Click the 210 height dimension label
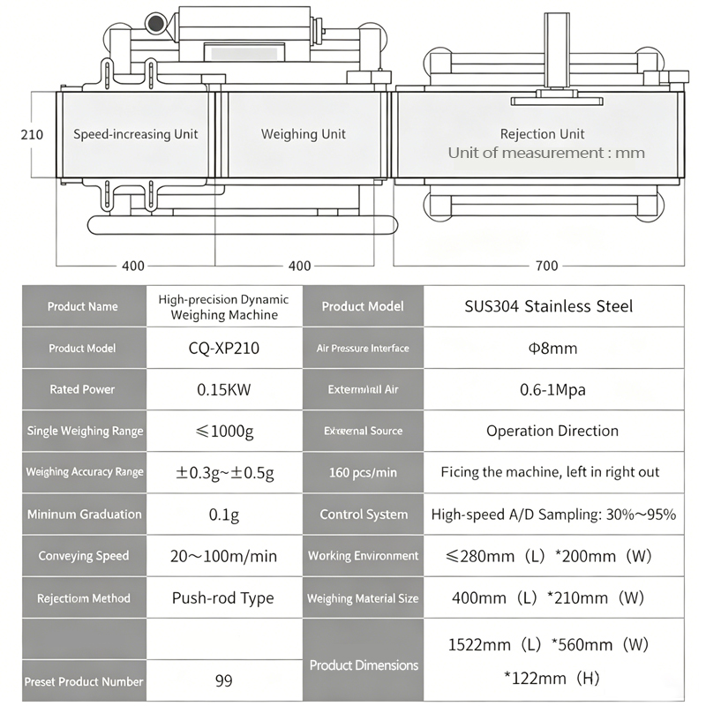[x=32, y=135]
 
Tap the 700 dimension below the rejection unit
[x=546, y=266]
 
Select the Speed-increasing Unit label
[x=136, y=134]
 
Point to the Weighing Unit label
[x=304, y=134]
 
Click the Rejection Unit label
[x=542, y=134]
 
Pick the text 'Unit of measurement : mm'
[x=546, y=153]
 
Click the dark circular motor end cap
[x=156, y=24]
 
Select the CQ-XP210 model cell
[x=224, y=348]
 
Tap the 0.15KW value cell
[x=224, y=389]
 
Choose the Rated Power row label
[x=82, y=389]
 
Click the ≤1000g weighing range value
[x=224, y=432]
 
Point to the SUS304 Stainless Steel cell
[x=549, y=306]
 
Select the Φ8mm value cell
[x=553, y=348]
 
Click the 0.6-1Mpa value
[x=553, y=389]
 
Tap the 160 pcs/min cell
[x=363, y=472]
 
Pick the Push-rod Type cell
[x=223, y=598]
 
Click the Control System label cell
[x=363, y=514]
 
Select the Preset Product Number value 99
[x=224, y=680]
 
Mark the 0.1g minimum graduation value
[x=224, y=514]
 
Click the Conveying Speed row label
[x=84, y=556]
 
